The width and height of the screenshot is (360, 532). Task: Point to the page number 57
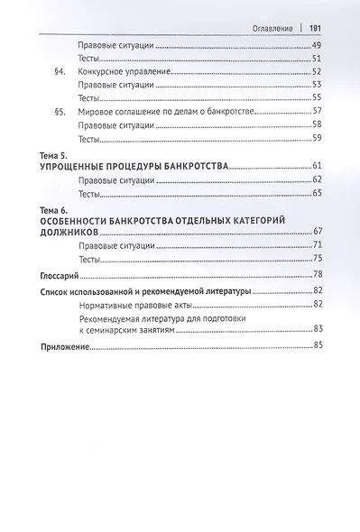(x=317, y=112)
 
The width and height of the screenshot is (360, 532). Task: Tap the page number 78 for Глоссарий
(x=317, y=273)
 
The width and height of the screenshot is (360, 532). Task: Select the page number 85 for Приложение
(x=317, y=347)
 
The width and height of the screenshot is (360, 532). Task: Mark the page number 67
(x=317, y=232)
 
